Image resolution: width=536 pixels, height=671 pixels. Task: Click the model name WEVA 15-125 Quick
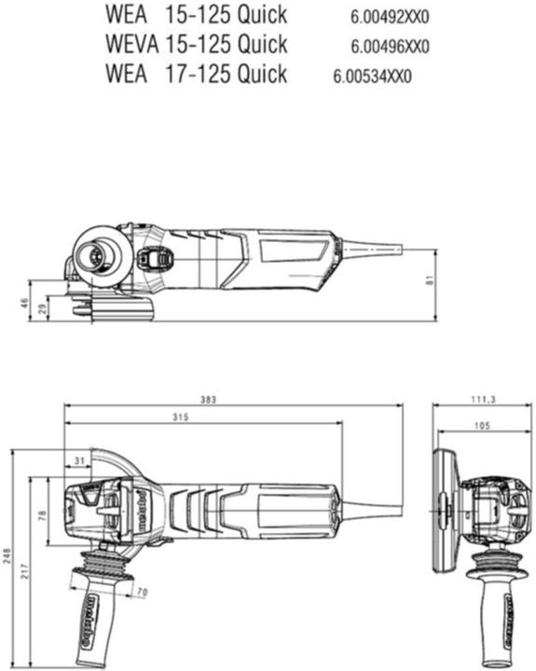(197, 44)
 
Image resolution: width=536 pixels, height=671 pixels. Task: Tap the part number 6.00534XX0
(372, 75)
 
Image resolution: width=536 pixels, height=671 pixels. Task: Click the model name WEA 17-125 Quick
(197, 74)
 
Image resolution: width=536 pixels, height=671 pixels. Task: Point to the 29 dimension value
(40, 308)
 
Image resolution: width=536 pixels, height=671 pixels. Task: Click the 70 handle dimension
(142, 592)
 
